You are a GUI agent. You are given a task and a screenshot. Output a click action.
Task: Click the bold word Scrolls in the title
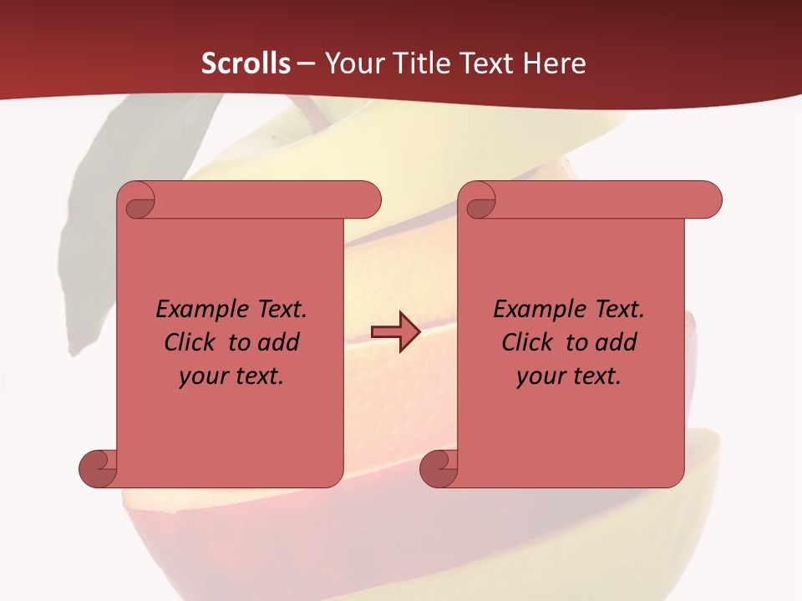tap(246, 63)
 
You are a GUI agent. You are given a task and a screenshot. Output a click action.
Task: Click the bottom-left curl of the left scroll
tap(99, 468)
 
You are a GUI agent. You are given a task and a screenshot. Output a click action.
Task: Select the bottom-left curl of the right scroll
tap(439, 468)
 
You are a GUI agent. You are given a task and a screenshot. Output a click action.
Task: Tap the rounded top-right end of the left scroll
tap(368, 200)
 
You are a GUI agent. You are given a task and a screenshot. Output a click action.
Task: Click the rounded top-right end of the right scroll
tap(708, 200)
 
